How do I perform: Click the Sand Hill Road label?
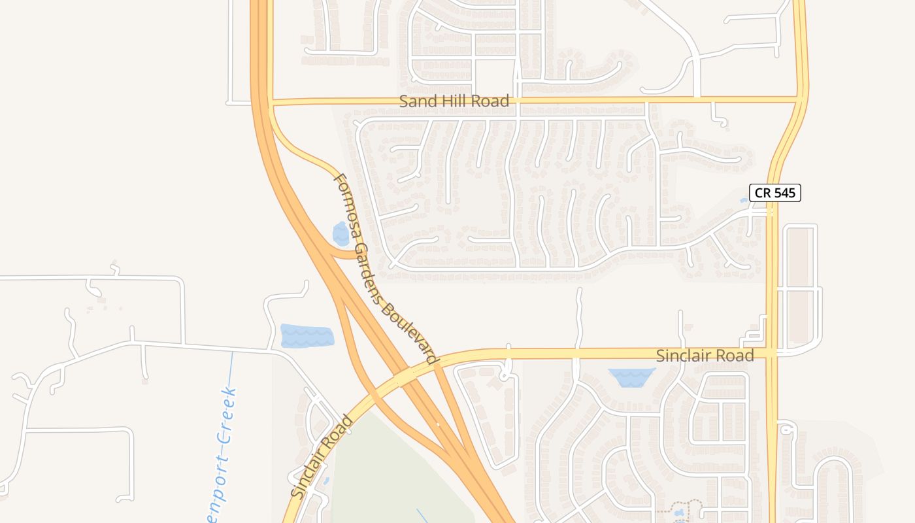pos(454,101)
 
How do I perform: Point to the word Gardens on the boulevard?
pos(369,268)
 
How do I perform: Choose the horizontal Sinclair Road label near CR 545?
pos(705,356)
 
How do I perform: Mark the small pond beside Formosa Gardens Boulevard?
pos(341,233)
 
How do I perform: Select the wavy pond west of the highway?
pos(307,335)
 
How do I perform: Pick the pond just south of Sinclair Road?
pos(631,377)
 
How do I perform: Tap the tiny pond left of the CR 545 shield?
pos(744,201)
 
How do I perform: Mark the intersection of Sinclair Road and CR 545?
pos(772,353)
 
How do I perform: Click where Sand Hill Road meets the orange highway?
pos(263,102)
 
